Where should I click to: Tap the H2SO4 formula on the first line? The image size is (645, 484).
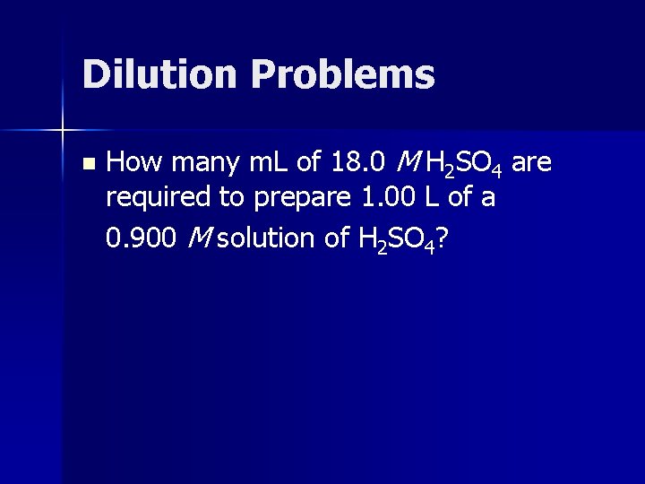tap(464, 164)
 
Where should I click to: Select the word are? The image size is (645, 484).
tap(532, 164)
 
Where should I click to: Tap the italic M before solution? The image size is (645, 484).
tap(197, 238)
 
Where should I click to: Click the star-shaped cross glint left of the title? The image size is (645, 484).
tap(63, 131)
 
